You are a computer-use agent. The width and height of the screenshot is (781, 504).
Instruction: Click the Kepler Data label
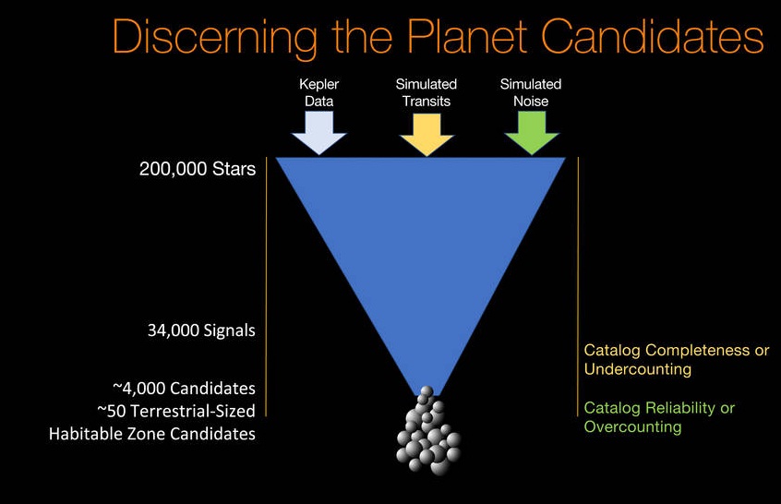point(318,92)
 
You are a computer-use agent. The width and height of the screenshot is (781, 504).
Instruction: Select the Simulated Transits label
point(426,92)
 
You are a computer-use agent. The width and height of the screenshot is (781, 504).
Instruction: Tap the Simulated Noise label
point(531,92)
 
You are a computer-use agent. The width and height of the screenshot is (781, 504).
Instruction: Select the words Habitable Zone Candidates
point(152,432)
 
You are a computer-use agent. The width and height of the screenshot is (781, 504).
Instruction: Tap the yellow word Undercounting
point(639,369)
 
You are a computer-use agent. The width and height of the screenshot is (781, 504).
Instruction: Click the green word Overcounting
point(632,426)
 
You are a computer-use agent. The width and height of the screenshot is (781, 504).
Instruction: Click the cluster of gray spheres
point(427,434)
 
